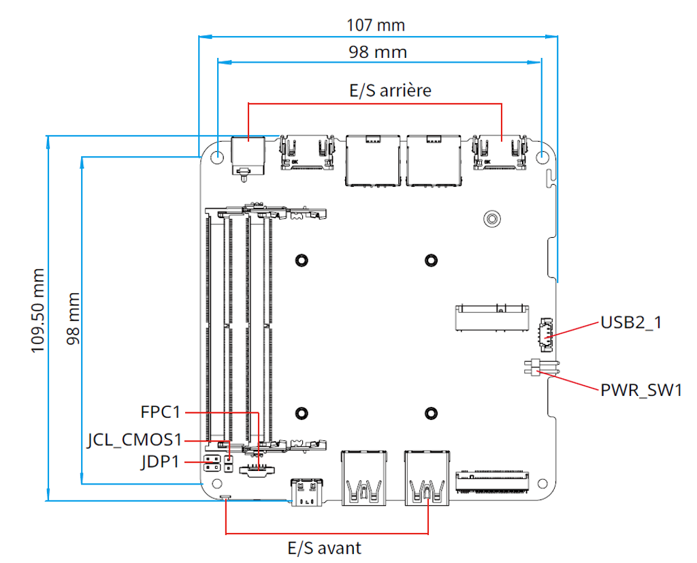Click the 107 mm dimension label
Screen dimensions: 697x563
[x=376, y=25]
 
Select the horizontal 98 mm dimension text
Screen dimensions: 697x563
[x=378, y=52]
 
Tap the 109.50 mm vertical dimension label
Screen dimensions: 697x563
[x=38, y=311]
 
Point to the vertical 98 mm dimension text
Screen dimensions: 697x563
[x=74, y=318]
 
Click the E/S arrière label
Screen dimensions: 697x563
[x=390, y=91]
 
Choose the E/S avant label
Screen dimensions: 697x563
[x=325, y=548]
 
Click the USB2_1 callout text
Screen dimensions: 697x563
[x=631, y=322]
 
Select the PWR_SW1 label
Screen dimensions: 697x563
[x=641, y=391]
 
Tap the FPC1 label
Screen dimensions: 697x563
[x=161, y=412]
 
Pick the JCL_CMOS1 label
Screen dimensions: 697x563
[x=135, y=440]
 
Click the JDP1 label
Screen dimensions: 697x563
[x=161, y=462]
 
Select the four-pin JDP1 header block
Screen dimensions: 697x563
[x=212, y=463]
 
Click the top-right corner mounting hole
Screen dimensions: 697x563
[x=542, y=157]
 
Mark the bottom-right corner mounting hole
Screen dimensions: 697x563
[x=542, y=483]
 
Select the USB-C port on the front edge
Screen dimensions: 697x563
[x=307, y=492]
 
